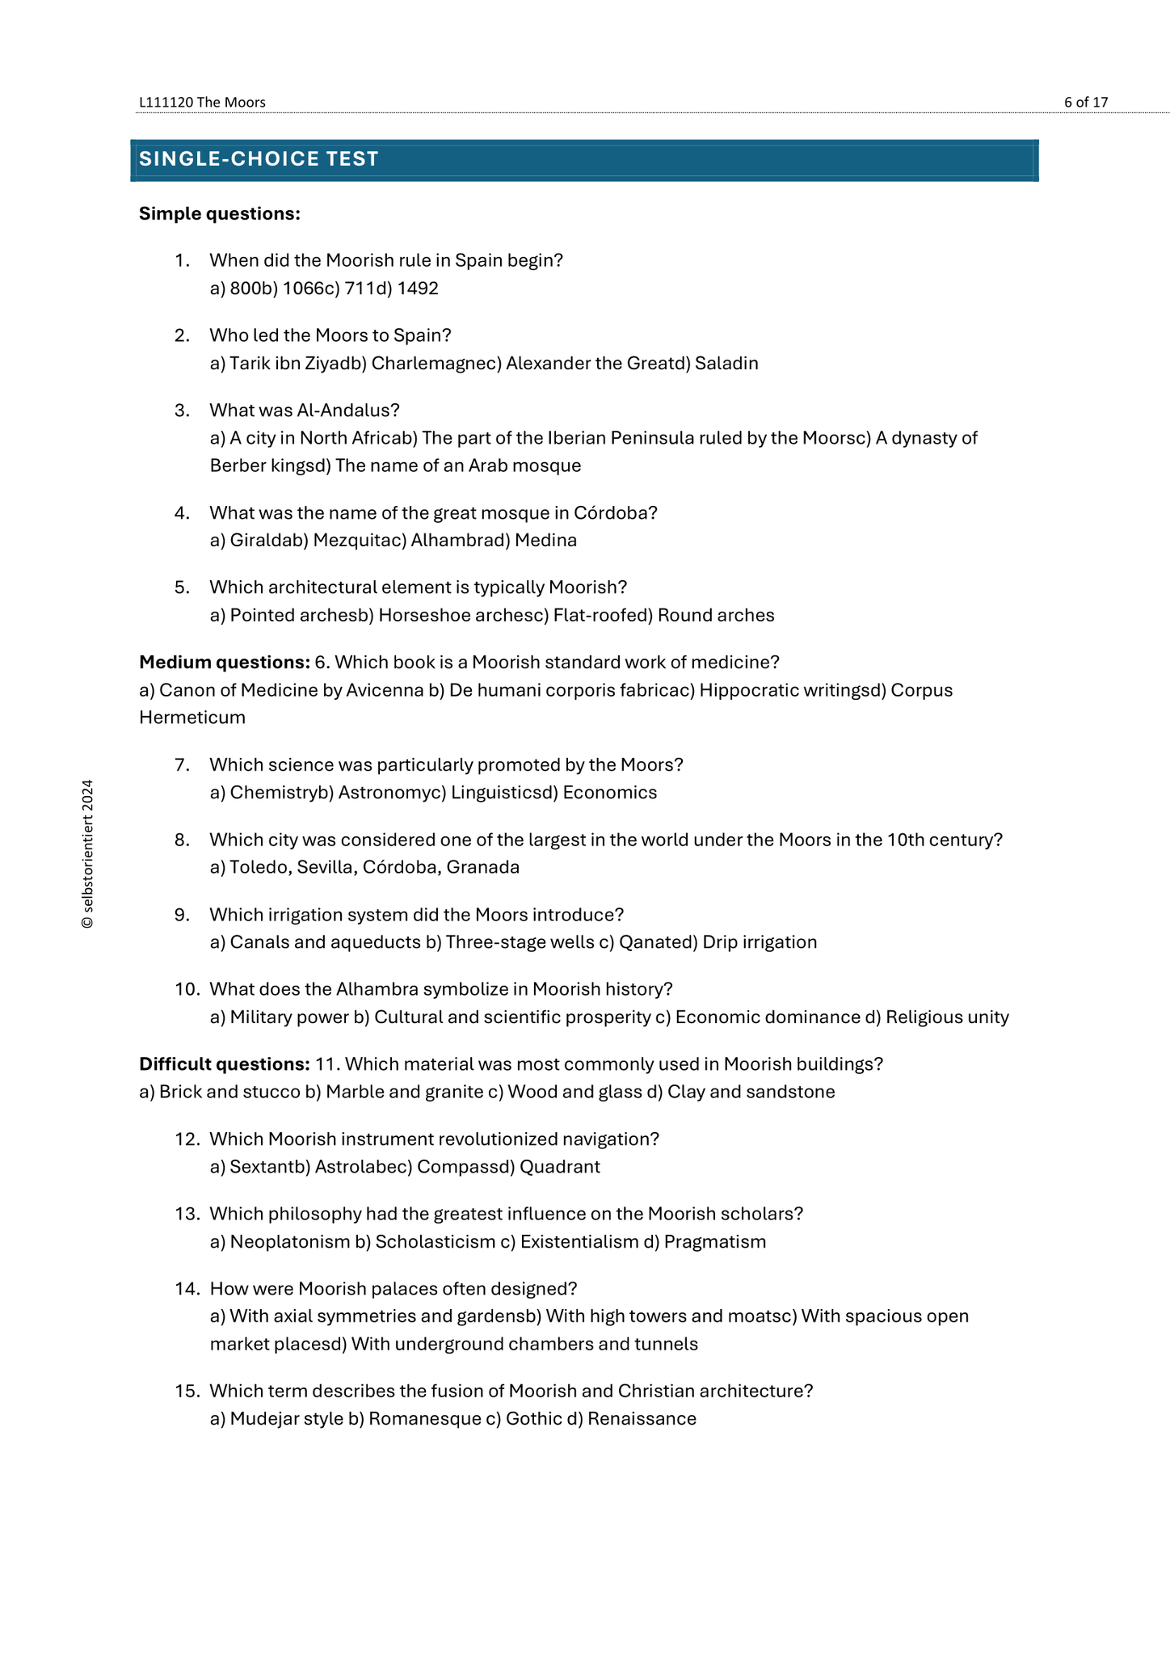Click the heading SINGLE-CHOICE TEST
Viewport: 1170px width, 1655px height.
(x=259, y=159)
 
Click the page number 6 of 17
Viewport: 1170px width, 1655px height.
(x=1085, y=102)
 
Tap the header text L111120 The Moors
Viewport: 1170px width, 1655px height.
(x=202, y=102)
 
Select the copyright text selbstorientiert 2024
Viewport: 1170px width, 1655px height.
(x=87, y=853)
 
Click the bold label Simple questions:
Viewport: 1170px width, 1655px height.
(x=220, y=213)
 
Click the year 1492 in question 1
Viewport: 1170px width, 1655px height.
(x=418, y=288)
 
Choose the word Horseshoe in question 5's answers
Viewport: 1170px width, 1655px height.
(x=416, y=616)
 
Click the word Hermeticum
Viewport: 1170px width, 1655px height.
(x=192, y=718)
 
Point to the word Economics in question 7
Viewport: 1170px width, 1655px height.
(x=610, y=793)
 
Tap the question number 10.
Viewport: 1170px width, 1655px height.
(x=187, y=989)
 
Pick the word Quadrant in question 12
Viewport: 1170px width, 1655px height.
(x=560, y=1167)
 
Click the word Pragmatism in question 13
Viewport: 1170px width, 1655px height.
(x=715, y=1242)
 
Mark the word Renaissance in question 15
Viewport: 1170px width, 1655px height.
(x=642, y=1419)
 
